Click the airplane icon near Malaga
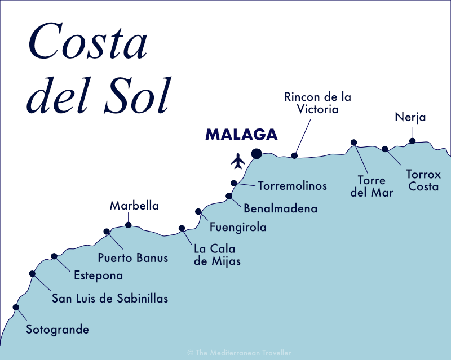click(x=238, y=161)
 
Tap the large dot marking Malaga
click(x=257, y=153)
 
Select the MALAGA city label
click(x=241, y=135)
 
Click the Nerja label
click(x=410, y=118)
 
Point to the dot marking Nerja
click(x=412, y=141)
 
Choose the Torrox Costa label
click(x=423, y=180)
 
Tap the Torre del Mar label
click(x=372, y=186)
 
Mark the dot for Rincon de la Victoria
click(x=294, y=155)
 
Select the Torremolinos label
click(x=292, y=185)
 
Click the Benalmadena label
click(x=280, y=208)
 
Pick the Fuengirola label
click(x=237, y=228)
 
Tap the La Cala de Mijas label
click(x=217, y=255)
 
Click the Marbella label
click(x=134, y=206)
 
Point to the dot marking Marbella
click(x=128, y=225)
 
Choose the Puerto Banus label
click(x=132, y=259)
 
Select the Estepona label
click(x=98, y=276)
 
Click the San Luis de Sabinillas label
click(x=110, y=299)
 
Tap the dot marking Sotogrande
click(x=16, y=307)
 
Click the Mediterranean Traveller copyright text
click(x=239, y=353)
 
